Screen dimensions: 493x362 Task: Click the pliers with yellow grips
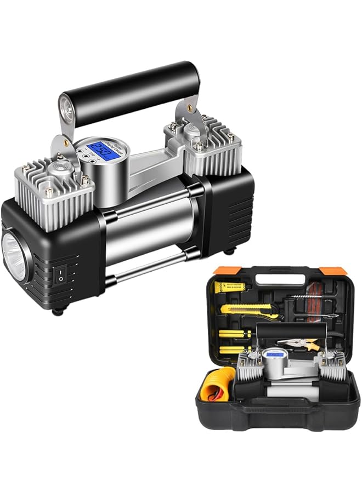(299, 343)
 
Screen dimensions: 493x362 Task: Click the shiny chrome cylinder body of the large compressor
(149, 230)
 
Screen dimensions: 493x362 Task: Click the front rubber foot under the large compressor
(56, 312)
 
